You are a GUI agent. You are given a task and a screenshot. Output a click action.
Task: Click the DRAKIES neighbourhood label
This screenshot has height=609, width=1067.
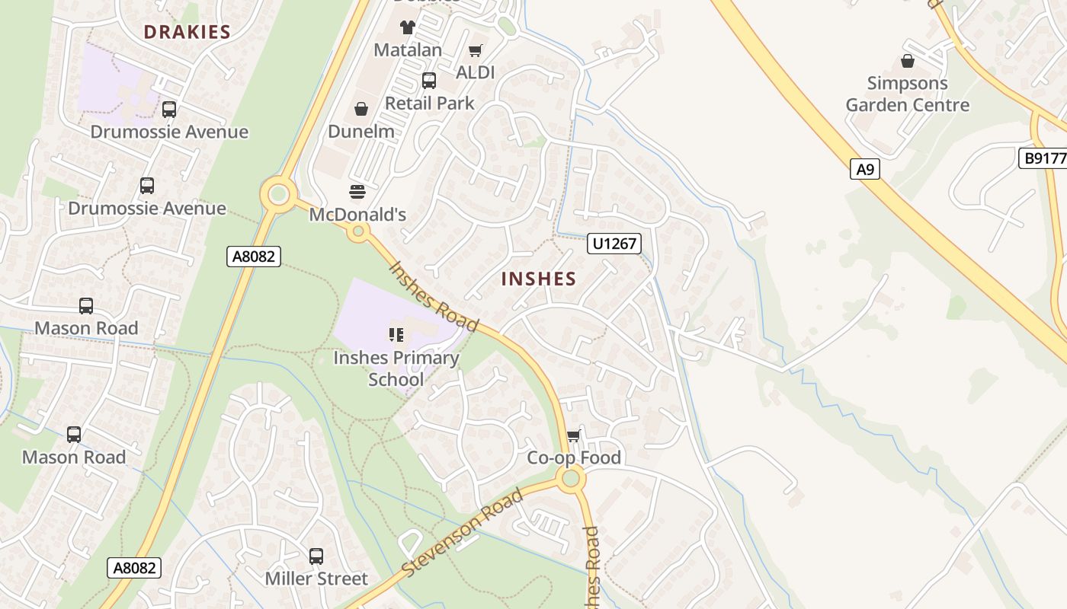click(x=187, y=32)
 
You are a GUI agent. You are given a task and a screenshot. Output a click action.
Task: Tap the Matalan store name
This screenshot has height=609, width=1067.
click(x=408, y=50)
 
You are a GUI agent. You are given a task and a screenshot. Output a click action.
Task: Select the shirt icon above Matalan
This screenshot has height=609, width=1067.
click(x=408, y=27)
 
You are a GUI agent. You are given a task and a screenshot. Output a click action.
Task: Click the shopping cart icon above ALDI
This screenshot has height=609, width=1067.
click(x=476, y=51)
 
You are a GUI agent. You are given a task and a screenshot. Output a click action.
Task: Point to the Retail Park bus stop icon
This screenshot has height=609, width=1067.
click(x=429, y=81)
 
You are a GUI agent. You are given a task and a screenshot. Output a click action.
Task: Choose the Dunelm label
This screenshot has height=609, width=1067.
click(x=361, y=132)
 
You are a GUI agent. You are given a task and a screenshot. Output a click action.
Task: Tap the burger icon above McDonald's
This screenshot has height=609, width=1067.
click(x=357, y=191)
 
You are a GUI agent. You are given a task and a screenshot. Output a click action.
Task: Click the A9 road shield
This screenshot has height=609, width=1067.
click(x=865, y=169)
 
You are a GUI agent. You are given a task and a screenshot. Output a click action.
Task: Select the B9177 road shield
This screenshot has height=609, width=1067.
click(x=1043, y=158)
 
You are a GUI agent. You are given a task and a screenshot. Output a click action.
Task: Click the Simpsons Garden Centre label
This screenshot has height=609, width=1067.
click(x=908, y=94)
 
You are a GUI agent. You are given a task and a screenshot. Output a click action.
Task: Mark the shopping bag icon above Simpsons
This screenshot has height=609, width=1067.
click(x=908, y=61)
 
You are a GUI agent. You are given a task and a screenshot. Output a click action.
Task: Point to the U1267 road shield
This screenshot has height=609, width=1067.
click(x=614, y=244)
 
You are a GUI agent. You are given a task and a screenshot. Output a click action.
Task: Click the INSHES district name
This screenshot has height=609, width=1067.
click(x=539, y=279)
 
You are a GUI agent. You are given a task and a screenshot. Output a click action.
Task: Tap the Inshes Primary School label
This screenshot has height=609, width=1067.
click(x=396, y=368)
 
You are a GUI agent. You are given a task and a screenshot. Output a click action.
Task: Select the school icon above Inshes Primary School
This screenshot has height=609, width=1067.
click(x=396, y=335)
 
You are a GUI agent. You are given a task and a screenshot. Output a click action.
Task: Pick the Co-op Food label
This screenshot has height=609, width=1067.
click(x=574, y=458)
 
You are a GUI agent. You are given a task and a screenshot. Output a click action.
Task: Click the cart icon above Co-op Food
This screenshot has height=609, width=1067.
click(x=574, y=436)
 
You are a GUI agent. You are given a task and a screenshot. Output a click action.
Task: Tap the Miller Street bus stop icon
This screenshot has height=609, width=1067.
click(x=316, y=556)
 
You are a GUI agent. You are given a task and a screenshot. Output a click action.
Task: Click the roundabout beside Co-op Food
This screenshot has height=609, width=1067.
click(x=571, y=479)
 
